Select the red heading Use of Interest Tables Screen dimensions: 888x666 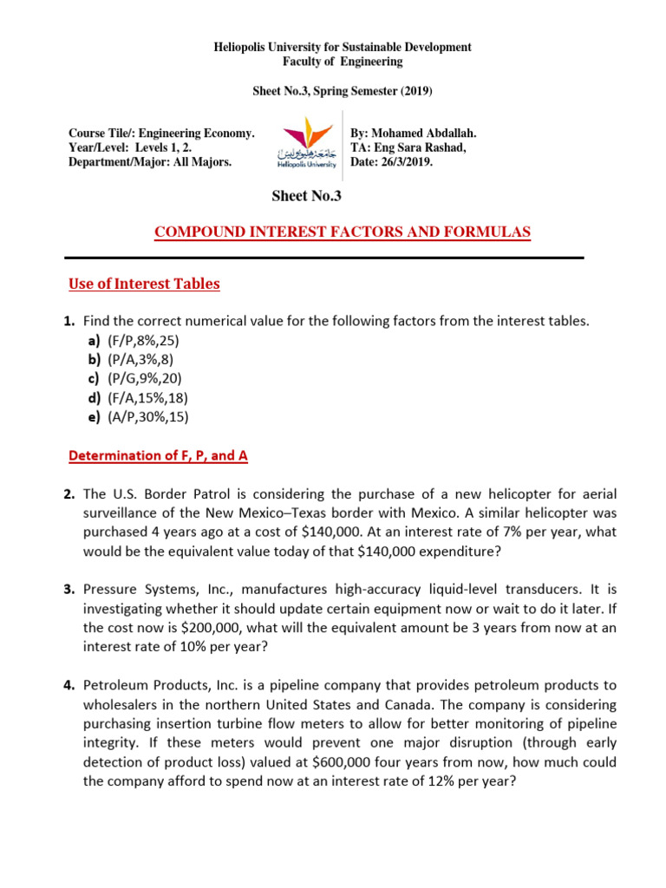(144, 284)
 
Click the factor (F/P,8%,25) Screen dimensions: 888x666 (143, 340)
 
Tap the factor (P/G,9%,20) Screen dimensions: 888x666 (145, 378)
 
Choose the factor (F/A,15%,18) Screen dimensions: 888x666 (147, 397)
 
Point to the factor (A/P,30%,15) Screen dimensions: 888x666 (147, 416)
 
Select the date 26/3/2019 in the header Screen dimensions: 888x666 (412, 161)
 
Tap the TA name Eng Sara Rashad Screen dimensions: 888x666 (418, 147)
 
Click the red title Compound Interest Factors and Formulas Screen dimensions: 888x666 (342, 232)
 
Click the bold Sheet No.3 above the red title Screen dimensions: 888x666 (307, 196)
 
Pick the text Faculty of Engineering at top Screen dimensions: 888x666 (343, 62)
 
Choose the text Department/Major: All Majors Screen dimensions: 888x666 (150, 161)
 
